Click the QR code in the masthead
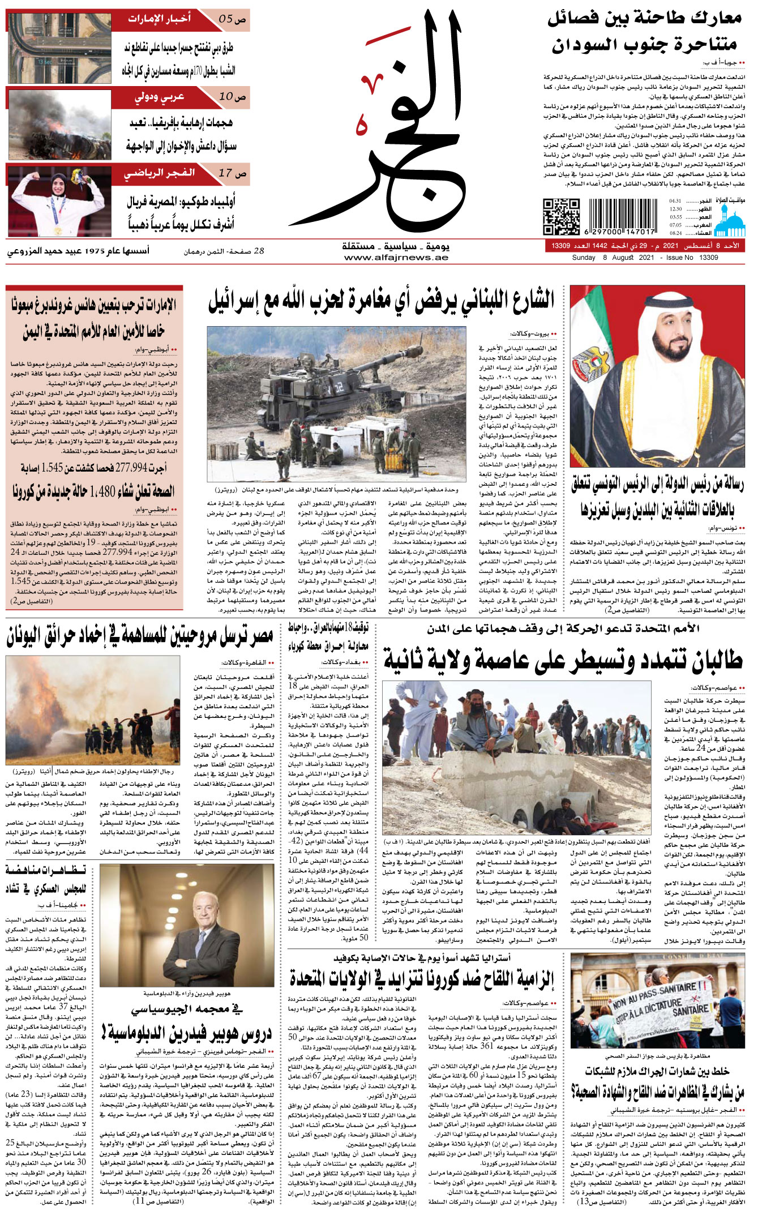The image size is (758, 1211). pos(561,216)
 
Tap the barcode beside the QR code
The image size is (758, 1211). pos(622,216)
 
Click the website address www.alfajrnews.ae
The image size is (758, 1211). pos(396,258)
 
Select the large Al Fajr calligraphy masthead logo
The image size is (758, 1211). pos(391,125)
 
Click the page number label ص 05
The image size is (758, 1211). pos(232,19)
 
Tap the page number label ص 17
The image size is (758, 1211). pos(232,173)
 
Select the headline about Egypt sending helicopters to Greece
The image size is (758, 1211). pos(140,637)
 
